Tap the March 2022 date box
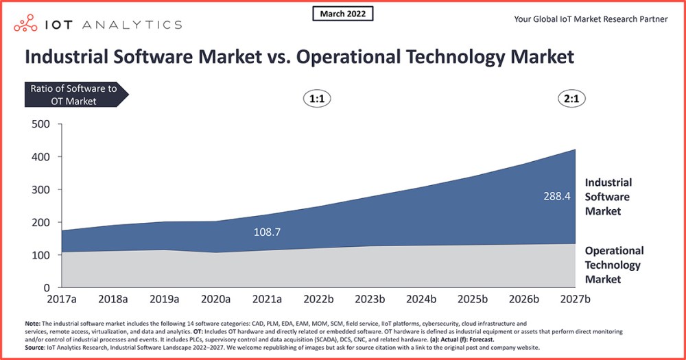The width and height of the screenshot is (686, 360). pyautogui.click(x=343, y=14)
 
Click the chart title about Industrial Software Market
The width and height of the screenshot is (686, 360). pyautogui.click(x=299, y=56)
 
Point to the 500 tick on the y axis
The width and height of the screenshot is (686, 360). pyautogui.click(x=40, y=124)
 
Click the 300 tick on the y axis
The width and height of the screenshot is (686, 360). pyautogui.click(x=40, y=189)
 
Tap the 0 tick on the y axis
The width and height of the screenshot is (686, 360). pyautogui.click(x=47, y=288)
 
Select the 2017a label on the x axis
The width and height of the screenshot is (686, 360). pyautogui.click(x=62, y=300)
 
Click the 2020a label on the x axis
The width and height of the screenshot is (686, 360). pyautogui.click(x=216, y=300)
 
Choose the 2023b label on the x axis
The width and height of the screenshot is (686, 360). pyautogui.click(x=370, y=300)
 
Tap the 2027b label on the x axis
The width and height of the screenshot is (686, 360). pyautogui.click(x=575, y=300)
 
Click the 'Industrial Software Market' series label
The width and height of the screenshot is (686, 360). pyautogui.click(x=608, y=197)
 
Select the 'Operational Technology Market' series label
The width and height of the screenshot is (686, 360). pyautogui.click(x=613, y=265)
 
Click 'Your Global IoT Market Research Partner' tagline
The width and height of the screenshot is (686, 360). pyautogui.click(x=591, y=19)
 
